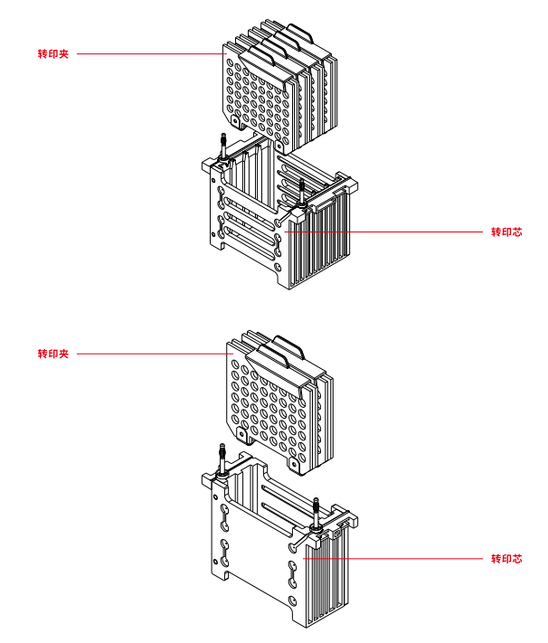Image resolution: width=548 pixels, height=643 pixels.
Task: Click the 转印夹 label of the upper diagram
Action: [x=53, y=54]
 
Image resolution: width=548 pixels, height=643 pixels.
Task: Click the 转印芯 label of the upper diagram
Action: [x=506, y=232]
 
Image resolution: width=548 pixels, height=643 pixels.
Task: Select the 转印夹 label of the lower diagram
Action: [x=53, y=353]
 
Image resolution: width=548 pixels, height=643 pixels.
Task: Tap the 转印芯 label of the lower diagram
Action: [x=506, y=559]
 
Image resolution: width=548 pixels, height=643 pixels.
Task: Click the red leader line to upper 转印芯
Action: [x=389, y=232]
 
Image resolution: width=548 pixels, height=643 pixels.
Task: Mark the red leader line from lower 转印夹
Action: [x=149, y=353]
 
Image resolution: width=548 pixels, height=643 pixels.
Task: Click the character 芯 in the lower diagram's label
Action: [x=517, y=559]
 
